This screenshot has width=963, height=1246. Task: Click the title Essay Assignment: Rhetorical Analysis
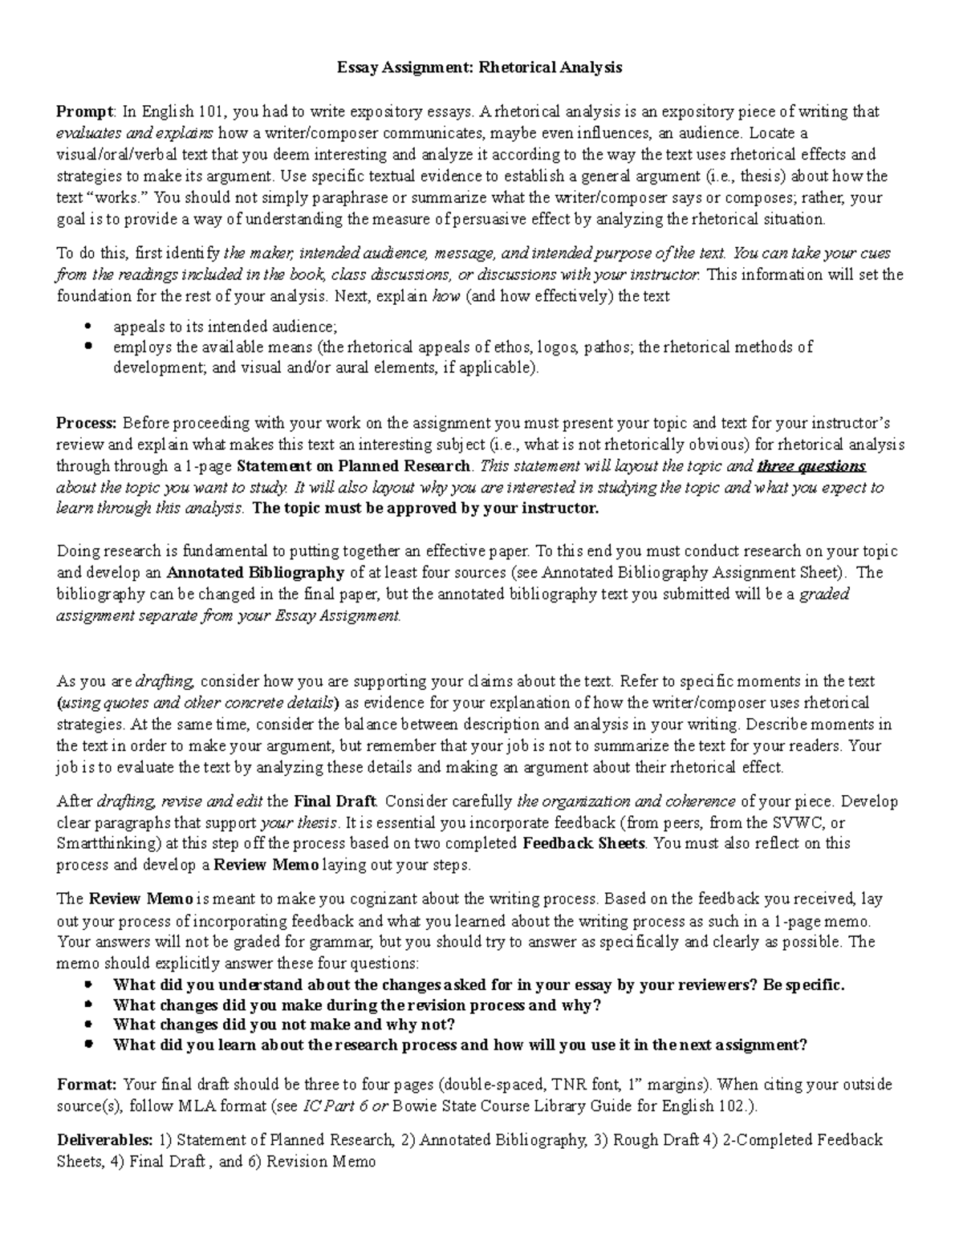pyautogui.click(x=479, y=67)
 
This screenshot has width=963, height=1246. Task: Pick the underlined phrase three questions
pyautogui.click(x=811, y=466)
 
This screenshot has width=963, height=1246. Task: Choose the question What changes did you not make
pyautogui.click(x=284, y=1024)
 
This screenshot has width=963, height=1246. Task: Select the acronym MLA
pyautogui.click(x=194, y=1106)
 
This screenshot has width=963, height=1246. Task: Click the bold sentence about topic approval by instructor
pyautogui.click(x=425, y=509)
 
